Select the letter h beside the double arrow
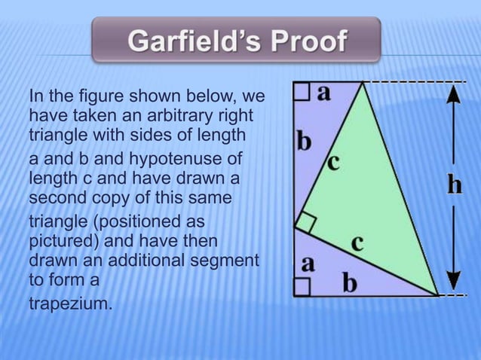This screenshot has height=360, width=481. (454, 185)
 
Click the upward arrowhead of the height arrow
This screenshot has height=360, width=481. (452, 92)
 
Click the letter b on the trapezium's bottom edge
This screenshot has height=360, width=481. (350, 283)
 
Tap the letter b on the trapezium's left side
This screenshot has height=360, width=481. (303, 141)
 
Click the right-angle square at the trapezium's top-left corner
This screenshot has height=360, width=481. (301, 92)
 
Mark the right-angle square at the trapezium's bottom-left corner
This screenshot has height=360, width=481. (301, 286)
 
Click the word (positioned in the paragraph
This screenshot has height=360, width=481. (136, 222)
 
